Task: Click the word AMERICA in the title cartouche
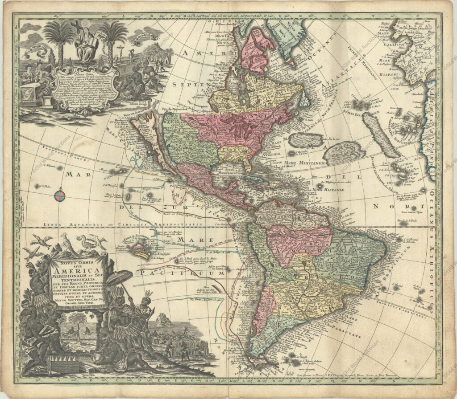coord(77,271)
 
